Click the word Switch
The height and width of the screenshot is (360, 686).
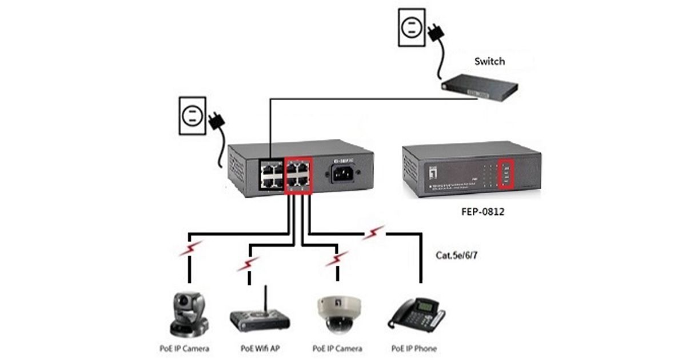(x=489, y=61)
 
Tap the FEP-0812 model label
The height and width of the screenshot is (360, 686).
(x=482, y=212)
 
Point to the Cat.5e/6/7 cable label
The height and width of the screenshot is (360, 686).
(x=457, y=255)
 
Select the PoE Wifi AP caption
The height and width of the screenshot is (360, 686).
(x=260, y=348)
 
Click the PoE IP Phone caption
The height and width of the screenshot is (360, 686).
(x=414, y=348)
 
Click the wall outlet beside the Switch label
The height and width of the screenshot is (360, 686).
(x=410, y=27)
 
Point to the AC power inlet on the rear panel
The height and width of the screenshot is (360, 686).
(x=343, y=172)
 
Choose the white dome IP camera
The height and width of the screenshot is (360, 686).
(x=336, y=314)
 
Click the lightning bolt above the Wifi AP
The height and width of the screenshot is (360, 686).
(x=248, y=263)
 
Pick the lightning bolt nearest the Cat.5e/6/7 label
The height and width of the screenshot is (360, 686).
(x=375, y=233)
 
